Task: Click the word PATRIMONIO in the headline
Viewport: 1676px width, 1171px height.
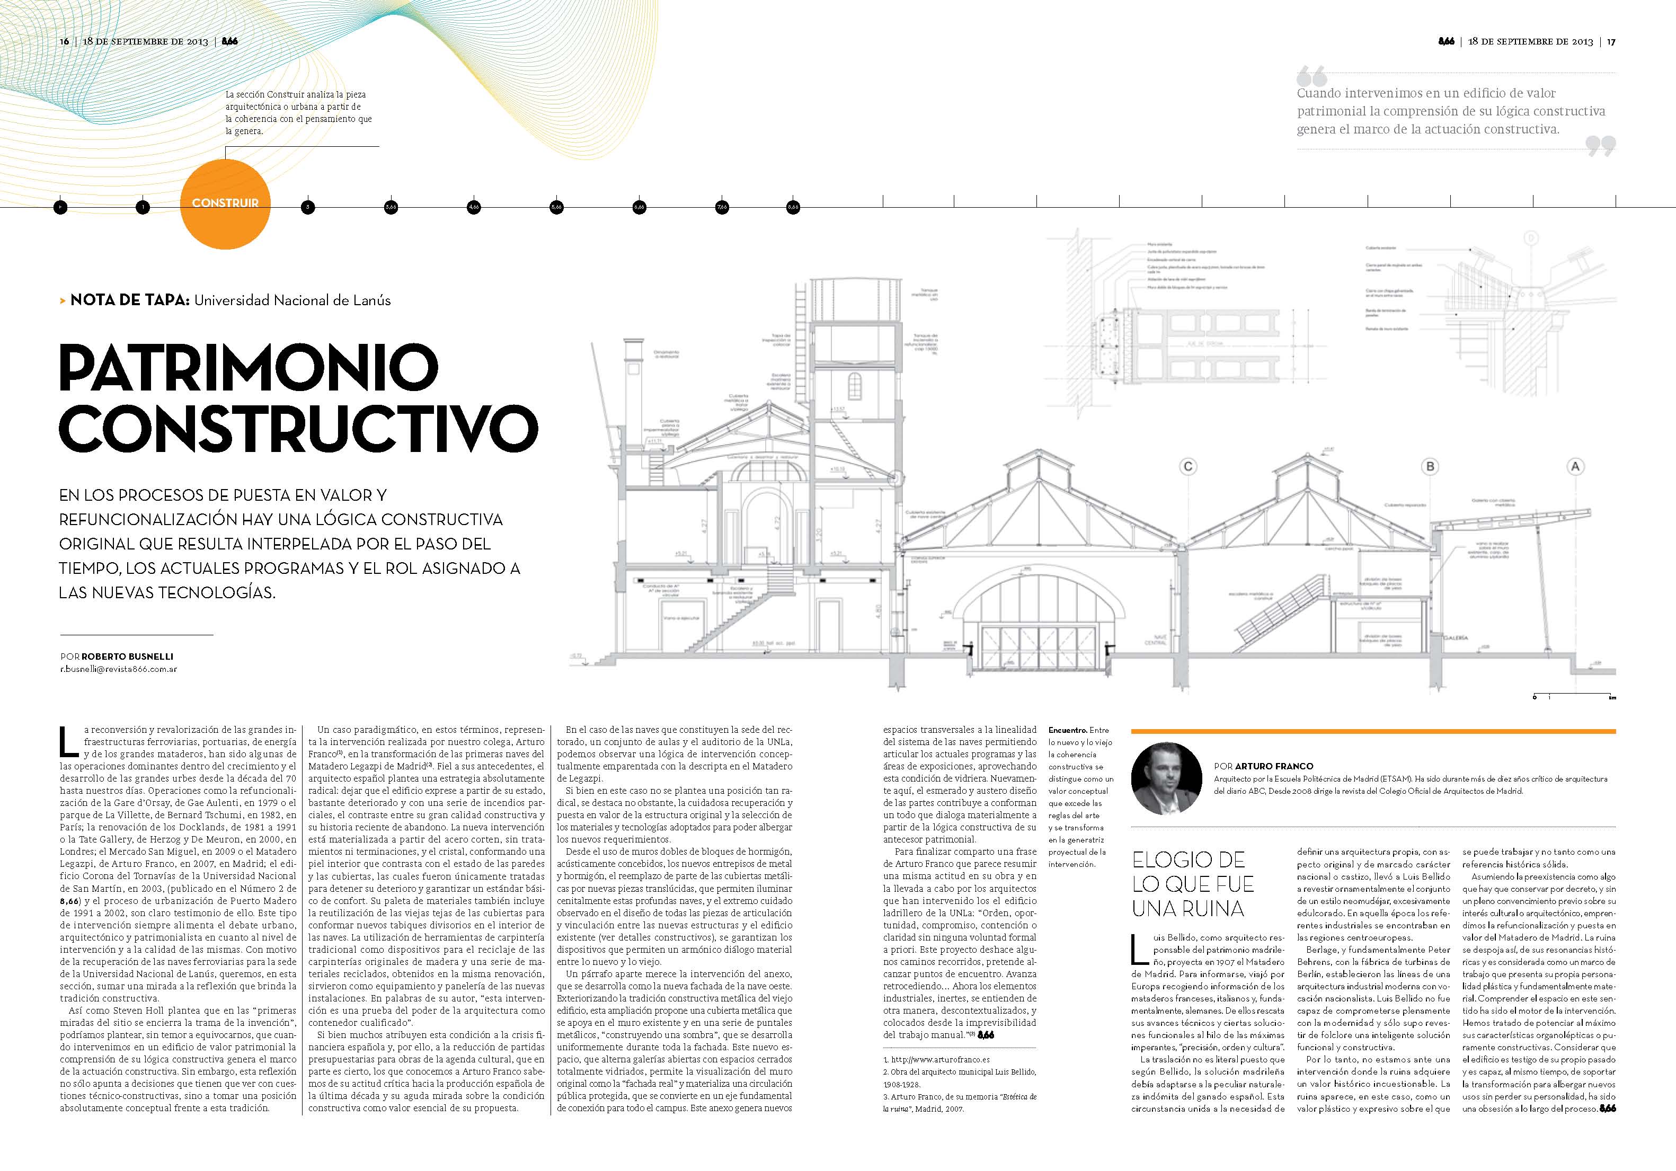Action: [x=248, y=367]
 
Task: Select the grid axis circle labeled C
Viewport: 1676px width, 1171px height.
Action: [x=1189, y=466]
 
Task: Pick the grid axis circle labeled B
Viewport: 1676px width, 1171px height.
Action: [x=1430, y=466]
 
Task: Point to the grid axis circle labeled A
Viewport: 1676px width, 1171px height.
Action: [x=1575, y=466]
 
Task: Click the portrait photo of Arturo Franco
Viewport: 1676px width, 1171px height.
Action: [x=1166, y=778]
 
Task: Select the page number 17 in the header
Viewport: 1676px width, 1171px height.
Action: [x=1611, y=42]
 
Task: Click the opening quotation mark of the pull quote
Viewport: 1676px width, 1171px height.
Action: [x=1312, y=76]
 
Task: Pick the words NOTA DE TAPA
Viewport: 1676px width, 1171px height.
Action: [x=130, y=300]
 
